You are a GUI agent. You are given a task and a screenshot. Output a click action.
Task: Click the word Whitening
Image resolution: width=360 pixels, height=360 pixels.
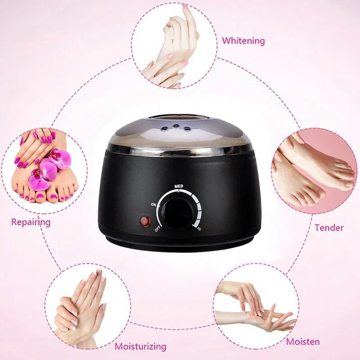(x=243, y=41)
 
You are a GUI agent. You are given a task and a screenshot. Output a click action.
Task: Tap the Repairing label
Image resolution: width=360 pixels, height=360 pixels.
(x=31, y=222)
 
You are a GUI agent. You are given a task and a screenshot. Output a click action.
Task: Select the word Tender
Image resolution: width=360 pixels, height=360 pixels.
(x=328, y=228)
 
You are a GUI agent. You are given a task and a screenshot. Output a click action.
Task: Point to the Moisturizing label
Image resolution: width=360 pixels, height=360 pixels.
(x=140, y=346)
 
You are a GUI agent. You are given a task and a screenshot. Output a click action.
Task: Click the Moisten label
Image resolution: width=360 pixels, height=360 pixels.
(x=303, y=342)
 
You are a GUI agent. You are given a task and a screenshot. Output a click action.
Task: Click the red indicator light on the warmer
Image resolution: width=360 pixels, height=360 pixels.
(x=144, y=221)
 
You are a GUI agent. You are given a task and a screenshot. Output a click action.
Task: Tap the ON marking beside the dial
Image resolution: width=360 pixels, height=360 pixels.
(x=154, y=205)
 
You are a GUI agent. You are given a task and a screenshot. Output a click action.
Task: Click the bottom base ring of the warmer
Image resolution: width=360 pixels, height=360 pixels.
(x=180, y=246)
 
